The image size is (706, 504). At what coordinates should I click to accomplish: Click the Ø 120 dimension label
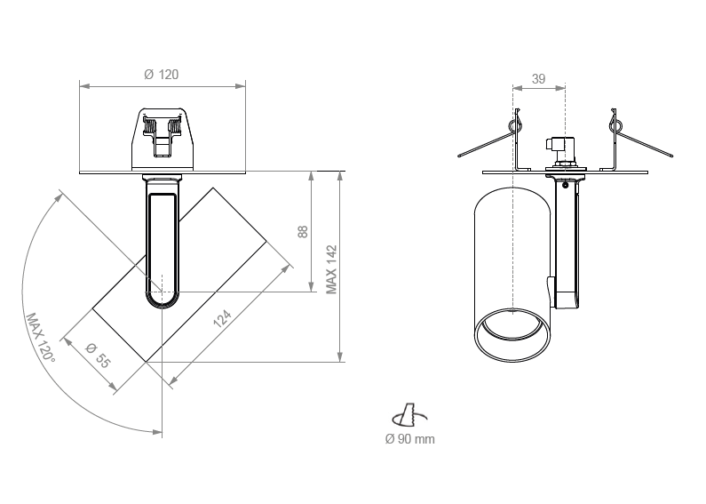pyautogui.click(x=162, y=75)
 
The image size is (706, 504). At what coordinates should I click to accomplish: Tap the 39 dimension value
pyautogui.click(x=538, y=79)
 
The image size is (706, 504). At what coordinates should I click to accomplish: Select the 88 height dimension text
pyautogui.click(x=303, y=232)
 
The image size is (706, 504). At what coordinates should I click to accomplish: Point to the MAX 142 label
pyautogui.click(x=332, y=269)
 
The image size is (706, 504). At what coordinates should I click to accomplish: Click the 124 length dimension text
pyautogui.click(x=222, y=318)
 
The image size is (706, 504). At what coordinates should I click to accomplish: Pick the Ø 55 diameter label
pyautogui.click(x=98, y=356)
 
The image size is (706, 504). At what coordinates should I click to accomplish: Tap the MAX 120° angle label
pyautogui.click(x=41, y=339)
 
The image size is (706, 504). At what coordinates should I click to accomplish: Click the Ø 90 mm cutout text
pyautogui.click(x=409, y=438)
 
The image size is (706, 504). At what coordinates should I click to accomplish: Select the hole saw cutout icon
pyautogui.click(x=409, y=415)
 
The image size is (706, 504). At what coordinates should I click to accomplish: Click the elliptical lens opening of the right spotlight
pyautogui.click(x=512, y=334)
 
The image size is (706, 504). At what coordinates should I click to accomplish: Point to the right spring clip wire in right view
pyautogui.click(x=640, y=138)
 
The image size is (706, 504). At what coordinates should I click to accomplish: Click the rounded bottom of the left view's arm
pyautogui.click(x=162, y=300)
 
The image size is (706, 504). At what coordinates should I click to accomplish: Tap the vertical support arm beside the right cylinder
pyautogui.click(x=566, y=244)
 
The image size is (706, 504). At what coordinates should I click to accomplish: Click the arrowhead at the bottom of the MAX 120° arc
pyautogui.click(x=157, y=432)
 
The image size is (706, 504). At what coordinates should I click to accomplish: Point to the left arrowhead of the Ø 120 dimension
pyautogui.click(x=84, y=85)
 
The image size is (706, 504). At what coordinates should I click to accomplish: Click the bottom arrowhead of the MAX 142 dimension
pyautogui.click(x=340, y=356)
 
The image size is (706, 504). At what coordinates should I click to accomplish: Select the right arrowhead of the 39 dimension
pyautogui.click(x=560, y=88)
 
